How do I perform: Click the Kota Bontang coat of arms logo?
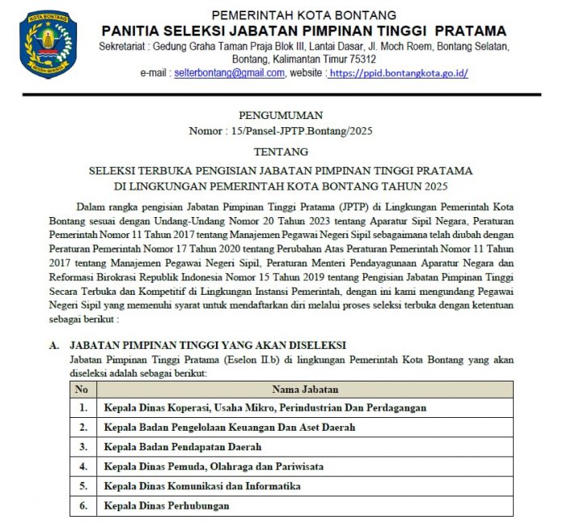click(x=48, y=45)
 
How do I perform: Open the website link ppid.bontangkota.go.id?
click(x=399, y=73)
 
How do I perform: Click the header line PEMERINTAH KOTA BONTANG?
click(x=303, y=15)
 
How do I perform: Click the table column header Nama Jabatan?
click(x=305, y=390)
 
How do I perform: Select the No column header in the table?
click(x=81, y=390)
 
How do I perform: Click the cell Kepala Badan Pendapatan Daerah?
click(x=183, y=447)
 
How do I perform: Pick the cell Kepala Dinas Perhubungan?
click(x=167, y=505)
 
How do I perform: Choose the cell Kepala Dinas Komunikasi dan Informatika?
click(x=202, y=486)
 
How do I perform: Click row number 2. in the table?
click(x=83, y=428)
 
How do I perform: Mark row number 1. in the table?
click(x=83, y=408)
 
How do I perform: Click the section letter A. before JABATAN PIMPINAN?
click(x=54, y=345)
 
